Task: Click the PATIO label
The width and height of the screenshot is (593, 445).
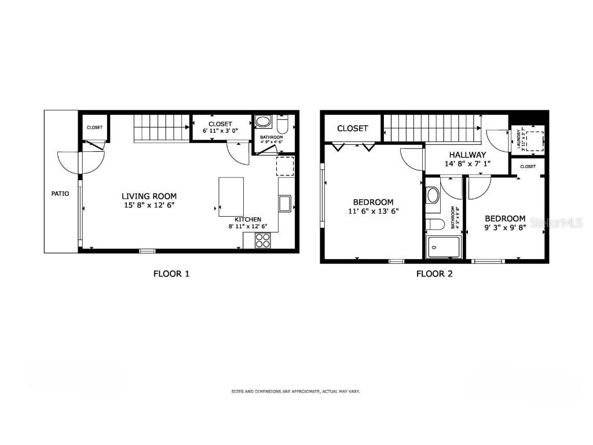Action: point(60,194)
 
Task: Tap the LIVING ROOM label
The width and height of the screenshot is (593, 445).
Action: point(149,196)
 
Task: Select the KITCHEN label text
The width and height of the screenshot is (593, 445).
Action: point(247,220)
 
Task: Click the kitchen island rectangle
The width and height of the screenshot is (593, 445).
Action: point(231,196)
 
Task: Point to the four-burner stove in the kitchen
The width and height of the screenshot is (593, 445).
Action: point(263,240)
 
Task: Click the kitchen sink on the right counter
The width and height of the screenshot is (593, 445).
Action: point(285,203)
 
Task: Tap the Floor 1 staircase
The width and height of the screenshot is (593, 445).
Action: point(162,127)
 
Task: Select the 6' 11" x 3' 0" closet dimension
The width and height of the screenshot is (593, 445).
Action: point(220,132)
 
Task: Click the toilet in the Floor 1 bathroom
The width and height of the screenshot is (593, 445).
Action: point(283,125)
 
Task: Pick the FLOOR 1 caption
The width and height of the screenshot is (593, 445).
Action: point(171,274)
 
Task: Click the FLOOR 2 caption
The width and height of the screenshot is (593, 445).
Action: point(434,274)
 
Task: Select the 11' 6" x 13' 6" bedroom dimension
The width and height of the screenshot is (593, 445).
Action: point(373,211)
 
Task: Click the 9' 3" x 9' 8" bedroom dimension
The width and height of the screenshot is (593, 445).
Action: point(505,228)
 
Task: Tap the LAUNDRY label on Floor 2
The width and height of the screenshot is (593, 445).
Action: point(519,138)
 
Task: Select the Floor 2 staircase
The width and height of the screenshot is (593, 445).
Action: point(433,127)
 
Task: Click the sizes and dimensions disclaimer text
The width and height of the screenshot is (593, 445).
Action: point(295,392)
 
